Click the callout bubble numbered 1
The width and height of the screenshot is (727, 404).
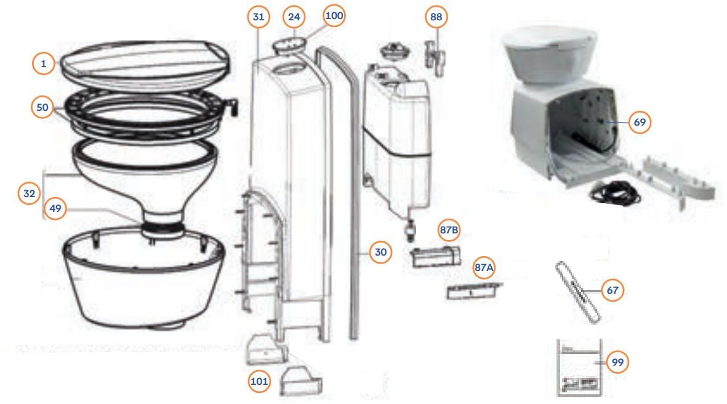[44, 63]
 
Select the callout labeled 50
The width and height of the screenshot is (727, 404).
[42, 107]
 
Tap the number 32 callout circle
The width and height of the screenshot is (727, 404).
[29, 193]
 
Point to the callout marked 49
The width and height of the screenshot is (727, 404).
[55, 208]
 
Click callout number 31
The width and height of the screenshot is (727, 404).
[259, 17]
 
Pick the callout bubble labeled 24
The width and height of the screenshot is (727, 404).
[294, 17]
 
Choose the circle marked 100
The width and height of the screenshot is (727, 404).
[334, 15]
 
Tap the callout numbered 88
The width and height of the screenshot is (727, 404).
[436, 17]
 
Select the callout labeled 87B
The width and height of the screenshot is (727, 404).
[449, 230]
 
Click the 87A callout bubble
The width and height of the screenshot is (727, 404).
[484, 268]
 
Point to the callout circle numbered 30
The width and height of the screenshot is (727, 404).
[380, 252]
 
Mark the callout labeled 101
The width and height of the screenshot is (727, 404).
[259, 381]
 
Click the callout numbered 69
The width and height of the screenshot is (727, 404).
[640, 122]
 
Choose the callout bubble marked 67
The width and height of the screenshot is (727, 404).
[613, 290]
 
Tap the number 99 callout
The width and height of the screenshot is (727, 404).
[617, 362]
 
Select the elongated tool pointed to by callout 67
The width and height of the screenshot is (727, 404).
[578, 292]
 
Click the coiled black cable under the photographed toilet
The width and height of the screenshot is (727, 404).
[615, 192]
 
